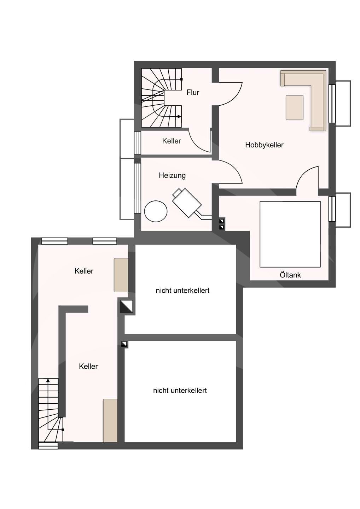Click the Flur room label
point(193,92)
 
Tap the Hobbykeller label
point(264,145)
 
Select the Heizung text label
point(172,175)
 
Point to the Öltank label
point(290,275)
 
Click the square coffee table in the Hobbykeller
point(295,107)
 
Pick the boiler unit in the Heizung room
point(187,203)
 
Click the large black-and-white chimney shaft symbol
point(126,306)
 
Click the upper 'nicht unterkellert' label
point(182,291)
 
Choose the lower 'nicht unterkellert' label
point(180,390)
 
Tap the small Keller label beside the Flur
point(172,141)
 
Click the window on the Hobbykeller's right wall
point(332,104)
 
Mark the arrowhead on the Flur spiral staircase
point(179,117)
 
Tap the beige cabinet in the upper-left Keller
point(121,275)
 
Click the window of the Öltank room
point(332,209)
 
